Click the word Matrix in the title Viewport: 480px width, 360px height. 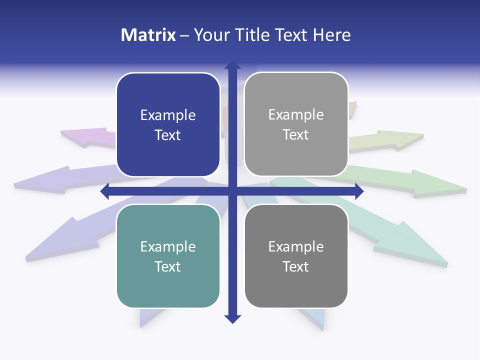tap(148, 35)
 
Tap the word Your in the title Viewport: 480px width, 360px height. tap(211, 35)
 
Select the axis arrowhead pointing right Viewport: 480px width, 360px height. tap(359, 191)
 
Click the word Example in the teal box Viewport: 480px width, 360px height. tap(168, 246)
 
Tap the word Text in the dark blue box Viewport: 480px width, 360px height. tap(168, 135)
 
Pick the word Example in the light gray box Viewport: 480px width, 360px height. tap(296, 115)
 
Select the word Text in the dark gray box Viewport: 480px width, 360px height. tap(296, 266)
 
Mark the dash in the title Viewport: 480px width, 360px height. tap(184, 35)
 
